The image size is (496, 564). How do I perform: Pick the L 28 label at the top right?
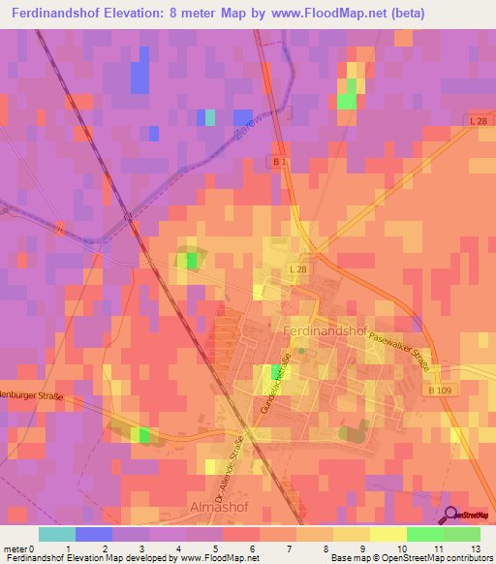[x=474, y=120]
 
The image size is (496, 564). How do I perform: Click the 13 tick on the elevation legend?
[x=476, y=548]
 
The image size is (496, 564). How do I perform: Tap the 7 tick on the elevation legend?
[x=255, y=548]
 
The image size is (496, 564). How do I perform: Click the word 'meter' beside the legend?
[x=15, y=548]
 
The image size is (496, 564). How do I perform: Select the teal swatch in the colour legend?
[x=57, y=534]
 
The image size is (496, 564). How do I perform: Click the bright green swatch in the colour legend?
[x=425, y=534]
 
